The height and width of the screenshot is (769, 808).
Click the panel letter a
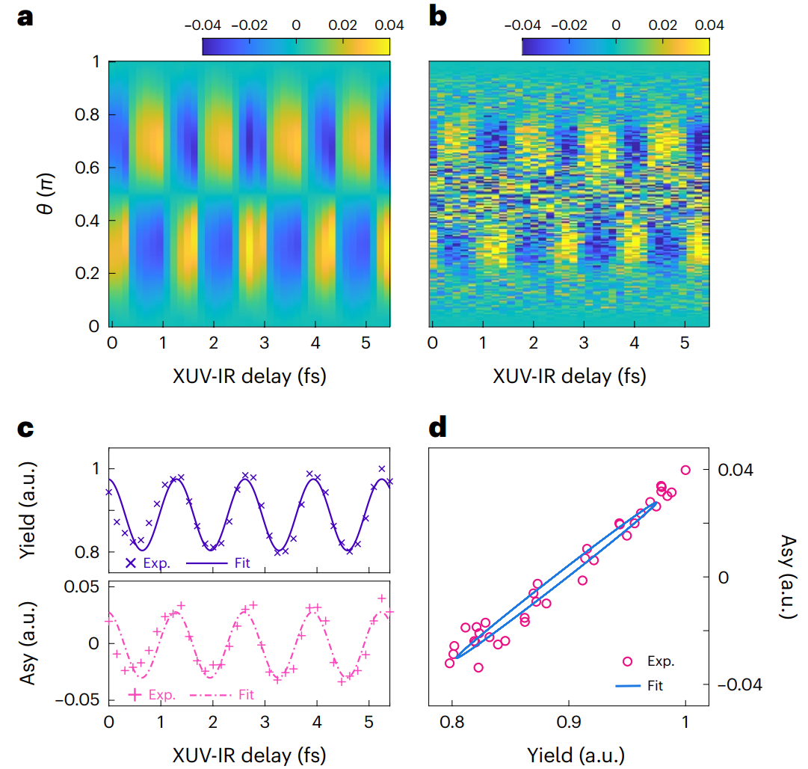tap(25, 17)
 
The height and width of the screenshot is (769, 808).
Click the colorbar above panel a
tap(296, 46)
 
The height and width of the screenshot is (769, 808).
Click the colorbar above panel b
tap(615, 46)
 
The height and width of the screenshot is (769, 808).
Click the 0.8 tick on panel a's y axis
tap(87, 114)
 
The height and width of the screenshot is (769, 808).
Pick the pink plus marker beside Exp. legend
tap(135, 694)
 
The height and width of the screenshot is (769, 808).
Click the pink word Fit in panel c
tap(246, 695)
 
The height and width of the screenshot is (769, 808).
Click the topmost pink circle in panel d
tap(685, 470)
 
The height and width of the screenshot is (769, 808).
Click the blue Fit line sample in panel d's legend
tap(626, 684)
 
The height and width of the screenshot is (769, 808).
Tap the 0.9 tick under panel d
tap(569, 725)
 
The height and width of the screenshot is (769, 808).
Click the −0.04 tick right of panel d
tap(740, 684)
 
